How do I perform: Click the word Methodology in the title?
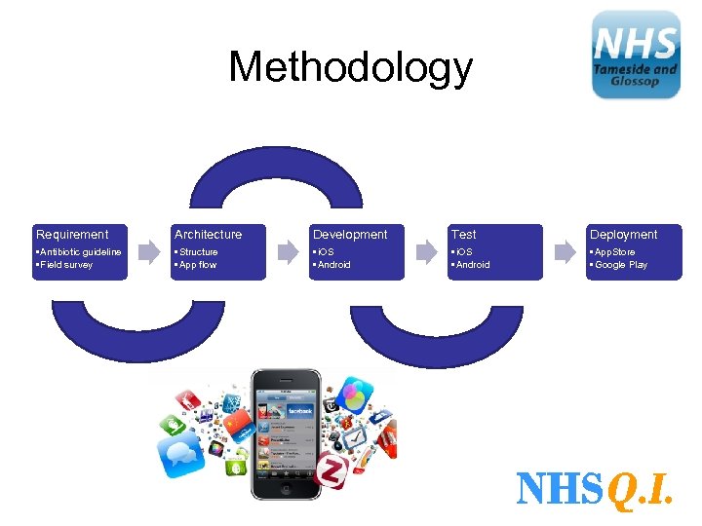point(350,68)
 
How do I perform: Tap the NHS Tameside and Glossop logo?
point(636,55)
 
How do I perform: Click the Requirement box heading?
point(72,235)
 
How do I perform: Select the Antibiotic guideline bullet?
point(79,252)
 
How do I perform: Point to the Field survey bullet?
point(65,265)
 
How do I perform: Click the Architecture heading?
point(208,235)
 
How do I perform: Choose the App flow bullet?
point(196,265)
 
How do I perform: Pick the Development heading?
point(350,235)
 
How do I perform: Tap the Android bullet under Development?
point(332,265)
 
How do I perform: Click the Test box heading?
point(464,235)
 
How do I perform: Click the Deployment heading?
point(623,235)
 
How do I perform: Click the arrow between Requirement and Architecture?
point(149,252)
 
